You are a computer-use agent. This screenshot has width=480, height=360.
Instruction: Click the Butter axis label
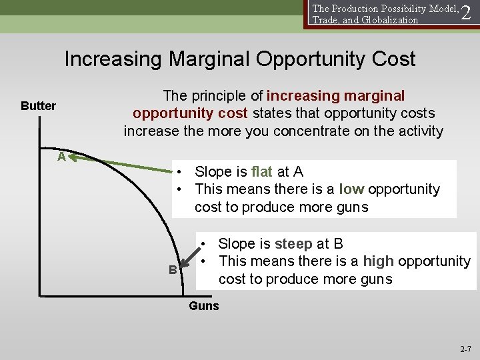38,106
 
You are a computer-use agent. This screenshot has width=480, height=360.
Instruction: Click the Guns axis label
203,306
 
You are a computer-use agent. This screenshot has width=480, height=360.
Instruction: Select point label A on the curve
61,157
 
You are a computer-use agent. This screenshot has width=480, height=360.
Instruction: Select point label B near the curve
173,270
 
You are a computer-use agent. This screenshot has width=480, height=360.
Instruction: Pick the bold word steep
294,243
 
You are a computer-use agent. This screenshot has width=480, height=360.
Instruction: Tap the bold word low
351,189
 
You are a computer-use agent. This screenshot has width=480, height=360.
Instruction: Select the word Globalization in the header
386,20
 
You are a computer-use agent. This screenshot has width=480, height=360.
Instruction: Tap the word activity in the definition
419,131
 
